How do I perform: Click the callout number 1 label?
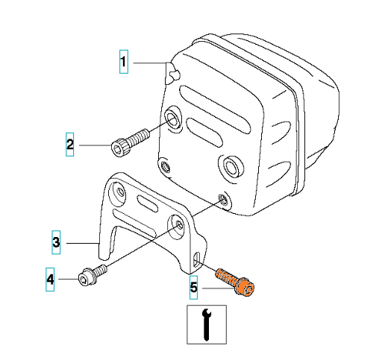pyautogui.click(x=124, y=62)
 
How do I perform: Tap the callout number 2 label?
pyautogui.click(x=69, y=145)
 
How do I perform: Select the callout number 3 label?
pyautogui.click(x=56, y=242)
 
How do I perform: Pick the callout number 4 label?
pyautogui.click(x=50, y=280)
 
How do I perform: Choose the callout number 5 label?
pyautogui.click(x=193, y=288)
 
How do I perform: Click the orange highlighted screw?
pyautogui.click(x=235, y=282)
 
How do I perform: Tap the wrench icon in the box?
pyautogui.click(x=207, y=324)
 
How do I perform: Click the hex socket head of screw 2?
pyautogui.click(x=119, y=148)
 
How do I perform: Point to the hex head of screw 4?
pyautogui.click(x=84, y=280)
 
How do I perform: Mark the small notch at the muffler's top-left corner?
pyautogui.click(x=173, y=75)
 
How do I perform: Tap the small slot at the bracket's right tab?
pyautogui.click(x=197, y=260)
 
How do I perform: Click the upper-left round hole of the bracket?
pyautogui.click(x=119, y=193)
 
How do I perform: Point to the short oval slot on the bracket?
pyautogui.click(x=147, y=203)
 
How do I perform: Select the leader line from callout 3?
pyautogui.click(x=83, y=243)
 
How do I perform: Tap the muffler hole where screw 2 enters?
pyautogui.click(x=172, y=118)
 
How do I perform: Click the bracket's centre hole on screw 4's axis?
pyautogui.click(x=178, y=226)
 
